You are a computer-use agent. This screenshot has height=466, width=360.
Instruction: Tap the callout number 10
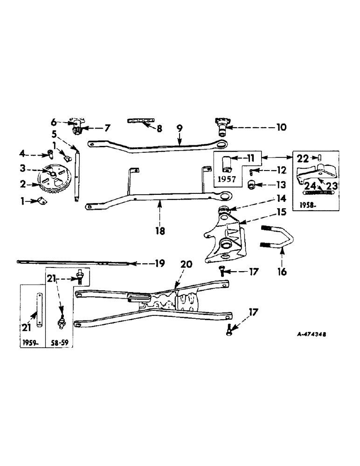point(284,127)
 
